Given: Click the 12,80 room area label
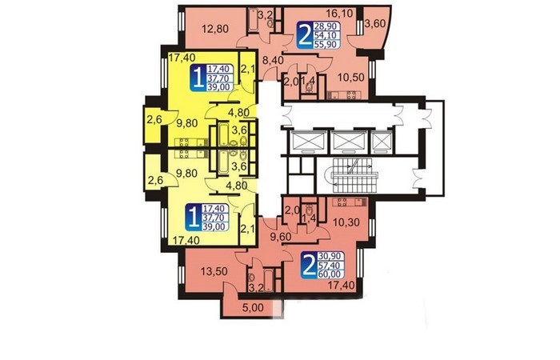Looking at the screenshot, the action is [215, 28].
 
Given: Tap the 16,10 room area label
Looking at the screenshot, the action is [339, 14].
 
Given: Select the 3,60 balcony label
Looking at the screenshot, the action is [375, 24].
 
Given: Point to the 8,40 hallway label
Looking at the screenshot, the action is [273, 60].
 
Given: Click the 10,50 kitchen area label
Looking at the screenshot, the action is [351, 77].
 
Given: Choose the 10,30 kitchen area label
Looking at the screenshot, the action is [346, 222].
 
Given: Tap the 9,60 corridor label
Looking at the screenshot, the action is [281, 237].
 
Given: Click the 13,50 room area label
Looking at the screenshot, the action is [214, 271].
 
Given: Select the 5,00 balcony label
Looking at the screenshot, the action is [253, 307].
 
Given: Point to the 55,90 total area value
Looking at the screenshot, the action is [326, 44].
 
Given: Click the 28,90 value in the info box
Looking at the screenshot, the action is [326, 26].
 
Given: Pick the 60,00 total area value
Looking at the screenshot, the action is [331, 274].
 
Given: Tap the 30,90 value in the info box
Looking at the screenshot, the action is [331, 256].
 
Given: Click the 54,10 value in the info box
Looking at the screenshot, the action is [326, 35].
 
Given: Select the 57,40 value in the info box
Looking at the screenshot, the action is [331, 265].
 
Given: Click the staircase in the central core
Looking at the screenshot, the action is [354, 176].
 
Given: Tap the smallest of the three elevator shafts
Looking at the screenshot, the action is [382, 142].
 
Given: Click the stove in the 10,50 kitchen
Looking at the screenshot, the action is [351, 95].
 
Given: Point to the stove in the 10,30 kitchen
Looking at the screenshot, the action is [342, 202].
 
